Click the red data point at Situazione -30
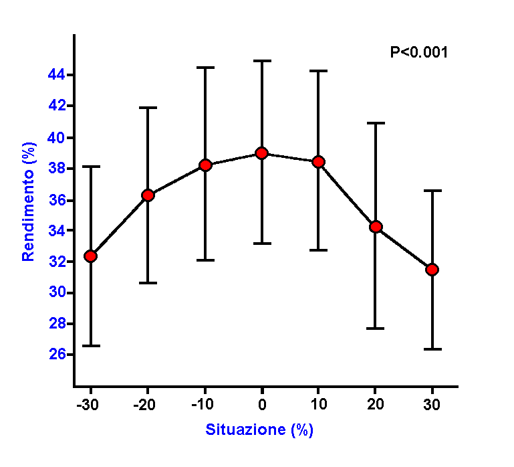tap(91, 256)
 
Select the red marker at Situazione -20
tap(148, 195)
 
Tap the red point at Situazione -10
tap(205, 165)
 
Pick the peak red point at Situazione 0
tap(262, 153)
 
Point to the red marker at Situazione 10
tap(319, 162)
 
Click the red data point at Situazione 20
tap(376, 227)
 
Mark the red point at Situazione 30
tap(432, 269)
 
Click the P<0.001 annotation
tap(419, 52)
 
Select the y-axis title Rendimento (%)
tap(29, 201)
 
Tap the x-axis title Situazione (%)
tap(259, 430)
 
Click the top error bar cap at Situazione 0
tap(262, 60)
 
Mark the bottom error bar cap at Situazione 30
tap(432, 349)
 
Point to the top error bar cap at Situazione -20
tap(148, 107)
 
